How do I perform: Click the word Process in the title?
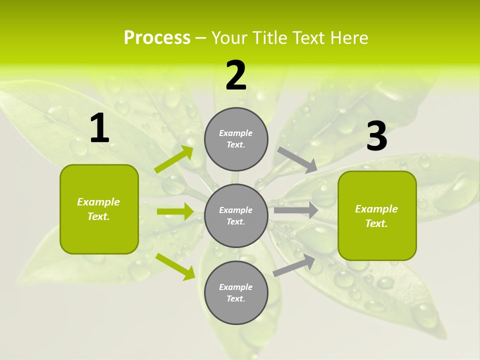[157, 38]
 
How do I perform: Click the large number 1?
[99, 128]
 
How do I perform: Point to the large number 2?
[236, 75]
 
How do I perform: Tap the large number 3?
[376, 136]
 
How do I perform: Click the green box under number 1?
[99, 209]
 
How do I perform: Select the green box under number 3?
[377, 216]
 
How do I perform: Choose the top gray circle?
[236, 139]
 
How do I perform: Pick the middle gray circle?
[236, 215]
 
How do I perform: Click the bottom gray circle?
[236, 292]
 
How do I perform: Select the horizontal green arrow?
[175, 211]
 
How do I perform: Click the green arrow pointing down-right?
[175, 266]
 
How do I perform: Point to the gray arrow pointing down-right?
[298, 160]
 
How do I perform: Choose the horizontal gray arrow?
[296, 210]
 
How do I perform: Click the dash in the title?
[200, 38]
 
